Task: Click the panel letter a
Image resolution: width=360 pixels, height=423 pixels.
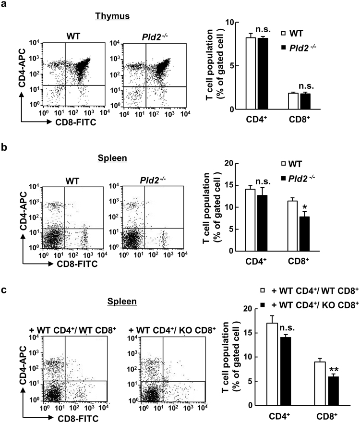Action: point(4,4)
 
